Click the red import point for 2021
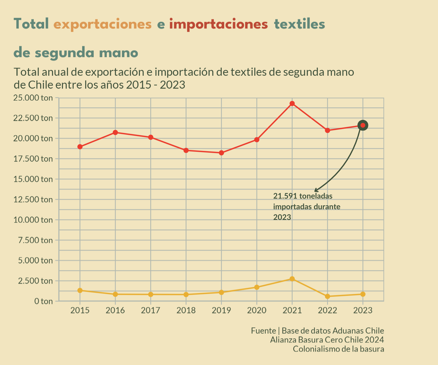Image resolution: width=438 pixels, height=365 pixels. [292, 103]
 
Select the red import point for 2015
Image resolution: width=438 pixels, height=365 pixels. [80, 147]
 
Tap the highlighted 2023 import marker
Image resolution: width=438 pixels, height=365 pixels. [363, 125]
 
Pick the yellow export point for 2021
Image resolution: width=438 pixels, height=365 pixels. [292, 279]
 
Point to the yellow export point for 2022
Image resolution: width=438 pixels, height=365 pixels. [328, 296]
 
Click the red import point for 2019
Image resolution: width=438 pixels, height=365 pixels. [221, 153]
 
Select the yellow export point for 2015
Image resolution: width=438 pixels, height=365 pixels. [80, 290]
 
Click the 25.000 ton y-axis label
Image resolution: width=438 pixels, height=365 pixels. [33, 98]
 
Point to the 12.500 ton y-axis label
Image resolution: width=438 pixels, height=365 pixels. [33, 200]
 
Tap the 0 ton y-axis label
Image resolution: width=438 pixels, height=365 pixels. [43, 301]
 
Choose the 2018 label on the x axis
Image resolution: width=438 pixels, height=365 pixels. [186, 311]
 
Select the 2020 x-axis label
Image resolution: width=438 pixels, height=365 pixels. [256, 311]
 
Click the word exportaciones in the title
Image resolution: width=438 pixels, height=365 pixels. [103, 24]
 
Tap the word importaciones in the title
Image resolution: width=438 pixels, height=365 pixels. [218, 24]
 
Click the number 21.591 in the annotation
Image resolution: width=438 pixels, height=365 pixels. [285, 196]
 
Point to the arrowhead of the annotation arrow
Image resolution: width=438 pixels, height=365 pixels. [315, 191]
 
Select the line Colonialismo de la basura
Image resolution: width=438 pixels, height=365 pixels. [338, 349]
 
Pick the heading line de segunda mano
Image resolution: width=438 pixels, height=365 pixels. [76, 53]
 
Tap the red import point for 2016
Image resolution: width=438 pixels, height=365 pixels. [115, 132]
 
